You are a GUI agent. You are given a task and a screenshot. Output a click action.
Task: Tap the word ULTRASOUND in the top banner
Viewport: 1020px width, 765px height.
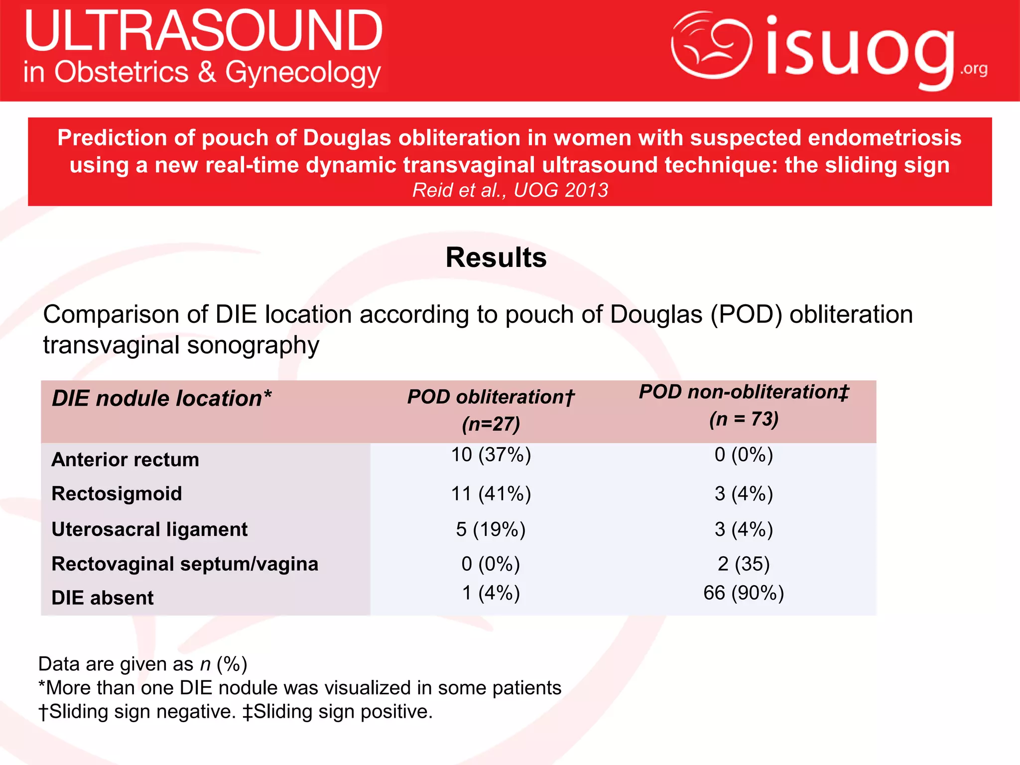[203, 31]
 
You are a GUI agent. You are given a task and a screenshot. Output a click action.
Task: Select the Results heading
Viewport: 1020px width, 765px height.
[496, 257]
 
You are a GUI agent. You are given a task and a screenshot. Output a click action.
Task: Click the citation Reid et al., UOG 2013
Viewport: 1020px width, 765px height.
[510, 190]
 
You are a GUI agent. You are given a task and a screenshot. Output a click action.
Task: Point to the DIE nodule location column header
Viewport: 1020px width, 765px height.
[162, 398]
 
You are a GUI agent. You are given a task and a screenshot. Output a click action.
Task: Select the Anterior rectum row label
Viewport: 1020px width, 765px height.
[126, 459]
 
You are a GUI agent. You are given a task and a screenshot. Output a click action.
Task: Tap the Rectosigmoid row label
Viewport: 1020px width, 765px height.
[117, 494]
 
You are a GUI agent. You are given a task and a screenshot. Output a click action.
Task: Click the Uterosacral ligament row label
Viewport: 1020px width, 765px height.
[149, 529]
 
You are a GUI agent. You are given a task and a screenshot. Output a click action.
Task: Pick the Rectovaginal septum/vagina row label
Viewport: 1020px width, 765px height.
[185, 564]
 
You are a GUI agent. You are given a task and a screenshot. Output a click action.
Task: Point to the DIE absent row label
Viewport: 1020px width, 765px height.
[103, 598]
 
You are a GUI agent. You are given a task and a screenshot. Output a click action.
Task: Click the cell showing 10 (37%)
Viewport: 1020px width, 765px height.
[491, 455]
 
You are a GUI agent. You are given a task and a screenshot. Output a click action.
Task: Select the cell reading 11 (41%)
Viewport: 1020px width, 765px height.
[491, 494]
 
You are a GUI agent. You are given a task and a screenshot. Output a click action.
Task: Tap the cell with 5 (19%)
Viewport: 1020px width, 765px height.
[491, 529]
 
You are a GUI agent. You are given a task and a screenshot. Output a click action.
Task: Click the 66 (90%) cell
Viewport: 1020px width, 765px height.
[744, 593]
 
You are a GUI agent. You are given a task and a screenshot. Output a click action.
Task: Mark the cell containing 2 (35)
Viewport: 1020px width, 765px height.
[744, 564]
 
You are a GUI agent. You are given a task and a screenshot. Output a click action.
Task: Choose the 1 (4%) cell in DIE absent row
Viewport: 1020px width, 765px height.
[491, 593]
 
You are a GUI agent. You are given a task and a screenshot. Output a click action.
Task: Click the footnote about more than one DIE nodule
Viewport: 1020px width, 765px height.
[300, 688]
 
